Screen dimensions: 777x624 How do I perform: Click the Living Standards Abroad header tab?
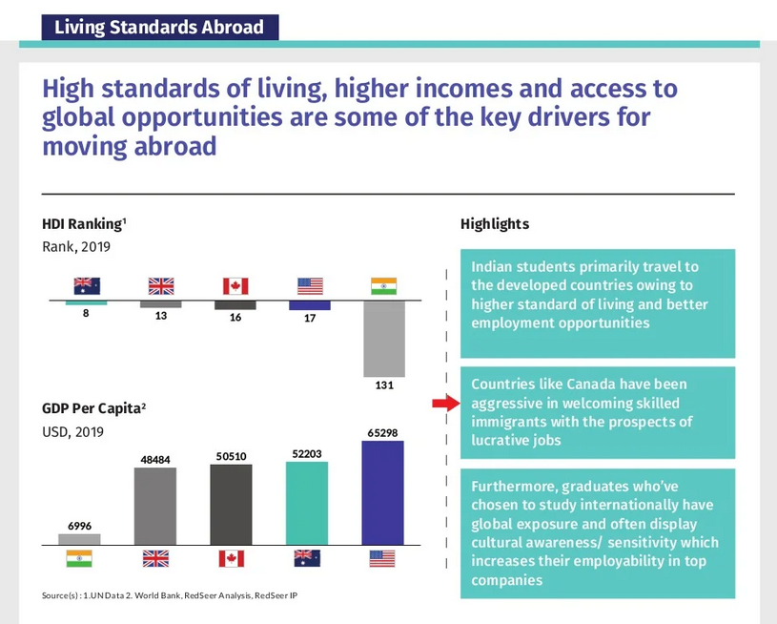160,27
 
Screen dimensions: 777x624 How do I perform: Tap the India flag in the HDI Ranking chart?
383,286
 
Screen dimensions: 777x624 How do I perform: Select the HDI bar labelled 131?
384,339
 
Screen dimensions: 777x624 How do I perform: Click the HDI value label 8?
86,313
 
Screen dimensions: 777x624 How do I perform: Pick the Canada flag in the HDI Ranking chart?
235,286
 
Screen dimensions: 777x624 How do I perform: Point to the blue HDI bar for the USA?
310,305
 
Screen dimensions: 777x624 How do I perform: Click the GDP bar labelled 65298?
382,493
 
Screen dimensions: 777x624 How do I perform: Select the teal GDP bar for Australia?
307,504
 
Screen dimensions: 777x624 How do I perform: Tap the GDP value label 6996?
80,526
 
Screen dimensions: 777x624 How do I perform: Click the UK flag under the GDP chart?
155,558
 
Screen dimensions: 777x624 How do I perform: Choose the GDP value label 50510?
231,456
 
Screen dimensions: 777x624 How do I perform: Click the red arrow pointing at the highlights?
446,404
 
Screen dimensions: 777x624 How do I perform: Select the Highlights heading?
495,224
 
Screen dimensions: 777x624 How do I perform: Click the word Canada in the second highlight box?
591,384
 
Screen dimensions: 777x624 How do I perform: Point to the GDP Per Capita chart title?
93,408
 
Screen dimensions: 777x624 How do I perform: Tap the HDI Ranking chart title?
84,224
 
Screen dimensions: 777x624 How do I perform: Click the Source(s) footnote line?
170,595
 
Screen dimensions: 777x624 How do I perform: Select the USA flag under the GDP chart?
382,558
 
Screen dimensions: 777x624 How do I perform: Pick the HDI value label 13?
161,316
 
